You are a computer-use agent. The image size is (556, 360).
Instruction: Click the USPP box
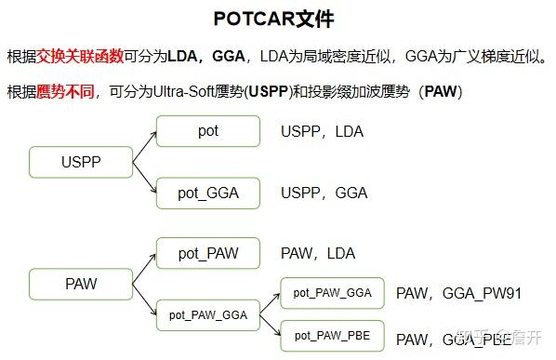pos(81,162)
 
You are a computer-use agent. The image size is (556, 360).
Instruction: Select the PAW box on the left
pos(81,283)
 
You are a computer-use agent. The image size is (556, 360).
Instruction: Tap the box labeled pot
pos(208,131)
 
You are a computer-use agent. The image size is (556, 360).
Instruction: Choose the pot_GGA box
pos(208,193)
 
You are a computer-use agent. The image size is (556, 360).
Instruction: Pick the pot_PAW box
pos(208,252)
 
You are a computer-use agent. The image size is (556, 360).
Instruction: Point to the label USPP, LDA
pos(322,132)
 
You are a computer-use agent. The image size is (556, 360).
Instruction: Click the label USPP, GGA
pos(324,193)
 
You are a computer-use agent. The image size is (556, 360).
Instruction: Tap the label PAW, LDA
pos(318,253)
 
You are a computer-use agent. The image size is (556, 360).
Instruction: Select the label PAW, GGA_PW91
pos(458,294)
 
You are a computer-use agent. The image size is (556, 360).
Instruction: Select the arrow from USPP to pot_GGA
pos(143,178)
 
